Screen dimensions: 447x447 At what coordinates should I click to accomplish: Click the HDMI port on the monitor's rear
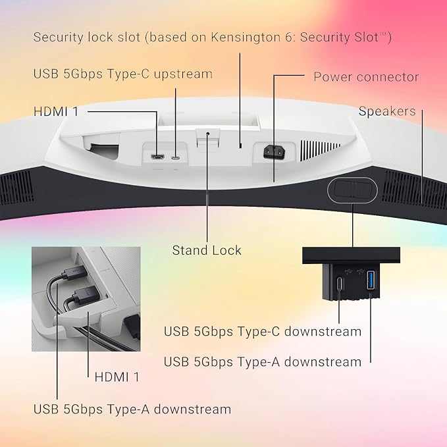[x=157, y=157]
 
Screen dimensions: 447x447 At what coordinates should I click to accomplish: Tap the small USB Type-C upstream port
[x=176, y=157]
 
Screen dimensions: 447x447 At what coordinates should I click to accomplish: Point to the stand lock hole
[x=207, y=133]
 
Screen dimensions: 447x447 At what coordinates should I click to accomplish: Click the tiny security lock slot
[x=240, y=145]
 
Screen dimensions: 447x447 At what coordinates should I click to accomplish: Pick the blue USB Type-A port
[x=371, y=280]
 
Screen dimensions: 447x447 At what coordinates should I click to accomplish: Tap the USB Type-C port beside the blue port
[x=340, y=283]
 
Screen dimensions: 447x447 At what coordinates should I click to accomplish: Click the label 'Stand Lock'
[x=207, y=250]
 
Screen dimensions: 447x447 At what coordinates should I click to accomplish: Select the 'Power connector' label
[x=366, y=76]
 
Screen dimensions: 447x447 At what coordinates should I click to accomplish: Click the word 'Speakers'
[x=387, y=111]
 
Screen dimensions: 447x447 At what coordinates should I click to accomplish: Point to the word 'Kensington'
[x=246, y=37]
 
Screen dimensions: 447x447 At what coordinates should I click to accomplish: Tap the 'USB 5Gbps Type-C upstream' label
[x=123, y=74]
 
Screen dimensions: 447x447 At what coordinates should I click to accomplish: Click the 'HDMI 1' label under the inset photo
[x=117, y=377]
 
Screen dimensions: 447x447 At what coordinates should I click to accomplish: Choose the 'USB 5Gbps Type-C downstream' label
[x=263, y=331]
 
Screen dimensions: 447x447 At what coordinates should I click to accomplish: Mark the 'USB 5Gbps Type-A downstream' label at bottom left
[x=132, y=409]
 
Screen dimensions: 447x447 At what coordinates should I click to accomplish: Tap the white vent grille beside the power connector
[x=320, y=149]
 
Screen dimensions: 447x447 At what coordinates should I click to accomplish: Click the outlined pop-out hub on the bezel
[x=352, y=190]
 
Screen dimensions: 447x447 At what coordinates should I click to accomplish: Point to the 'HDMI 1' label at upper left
[x=56, y=111]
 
